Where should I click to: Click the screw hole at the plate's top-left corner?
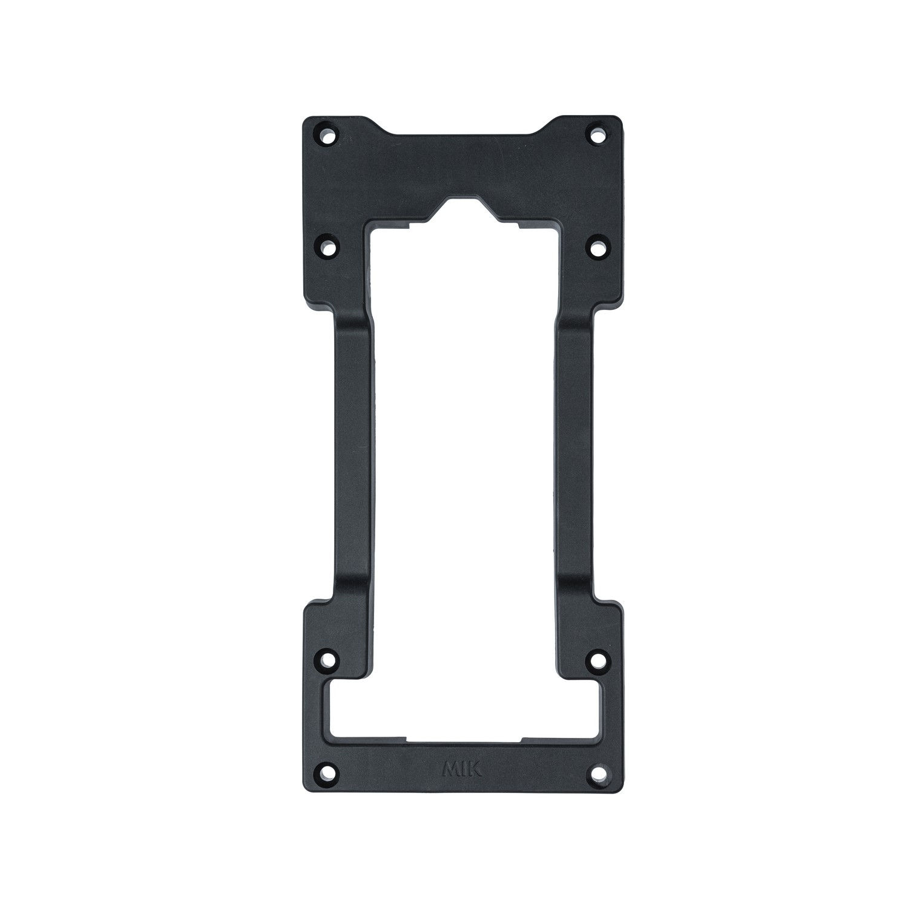[x=327, y=134]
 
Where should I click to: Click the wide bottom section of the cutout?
[x=463, y=708]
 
